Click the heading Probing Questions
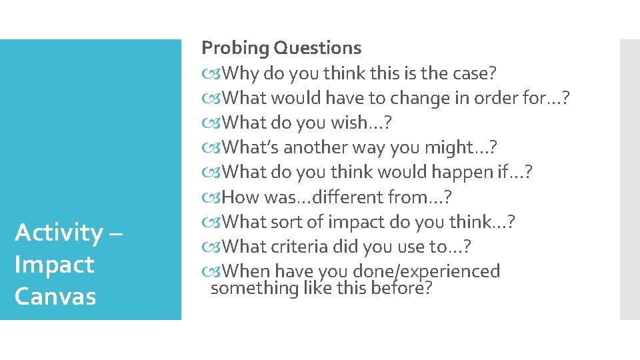click(281, 48)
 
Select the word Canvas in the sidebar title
click(55, 296)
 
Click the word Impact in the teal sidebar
click(54, 265)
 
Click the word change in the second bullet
click(430, 98)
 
